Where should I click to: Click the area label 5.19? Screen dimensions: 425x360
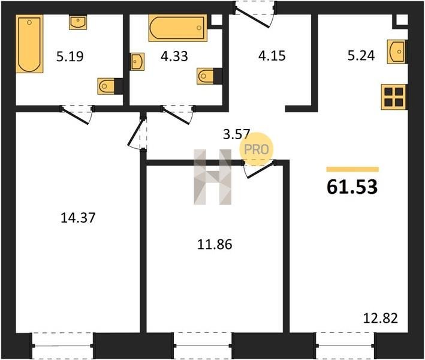pos(70,56)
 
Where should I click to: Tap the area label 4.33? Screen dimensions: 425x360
pos(174,56)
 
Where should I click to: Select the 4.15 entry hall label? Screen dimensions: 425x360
pos(272,56)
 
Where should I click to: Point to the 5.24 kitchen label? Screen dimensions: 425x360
pos(361,56)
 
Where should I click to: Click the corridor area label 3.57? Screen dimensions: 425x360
pos(236,134)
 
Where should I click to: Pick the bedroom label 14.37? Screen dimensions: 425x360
pos(78,218)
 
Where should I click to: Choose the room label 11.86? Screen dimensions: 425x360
pos(215,244)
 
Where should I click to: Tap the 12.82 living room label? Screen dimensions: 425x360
pos(380,318)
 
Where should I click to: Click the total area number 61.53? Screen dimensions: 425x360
pos(352,187)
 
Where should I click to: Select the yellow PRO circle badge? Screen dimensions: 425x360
pos(256,149)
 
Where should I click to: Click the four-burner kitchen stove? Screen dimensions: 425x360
pos(394,97)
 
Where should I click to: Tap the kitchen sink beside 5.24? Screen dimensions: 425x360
pos(397,52)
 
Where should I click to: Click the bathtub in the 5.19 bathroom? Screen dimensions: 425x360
pos(29,44)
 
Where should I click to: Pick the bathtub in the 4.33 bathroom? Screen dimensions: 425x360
pos(178,28)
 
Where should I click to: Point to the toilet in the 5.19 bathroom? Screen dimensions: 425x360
pos(110,86)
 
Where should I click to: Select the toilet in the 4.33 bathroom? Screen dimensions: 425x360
pos(210,76)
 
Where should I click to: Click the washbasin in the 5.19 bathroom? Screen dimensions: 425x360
pos(78,22)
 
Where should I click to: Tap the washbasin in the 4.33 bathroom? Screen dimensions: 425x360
pos(137,62)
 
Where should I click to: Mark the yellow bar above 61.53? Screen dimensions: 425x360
pos(352,170)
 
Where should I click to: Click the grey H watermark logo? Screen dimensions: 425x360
pos(213,177)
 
